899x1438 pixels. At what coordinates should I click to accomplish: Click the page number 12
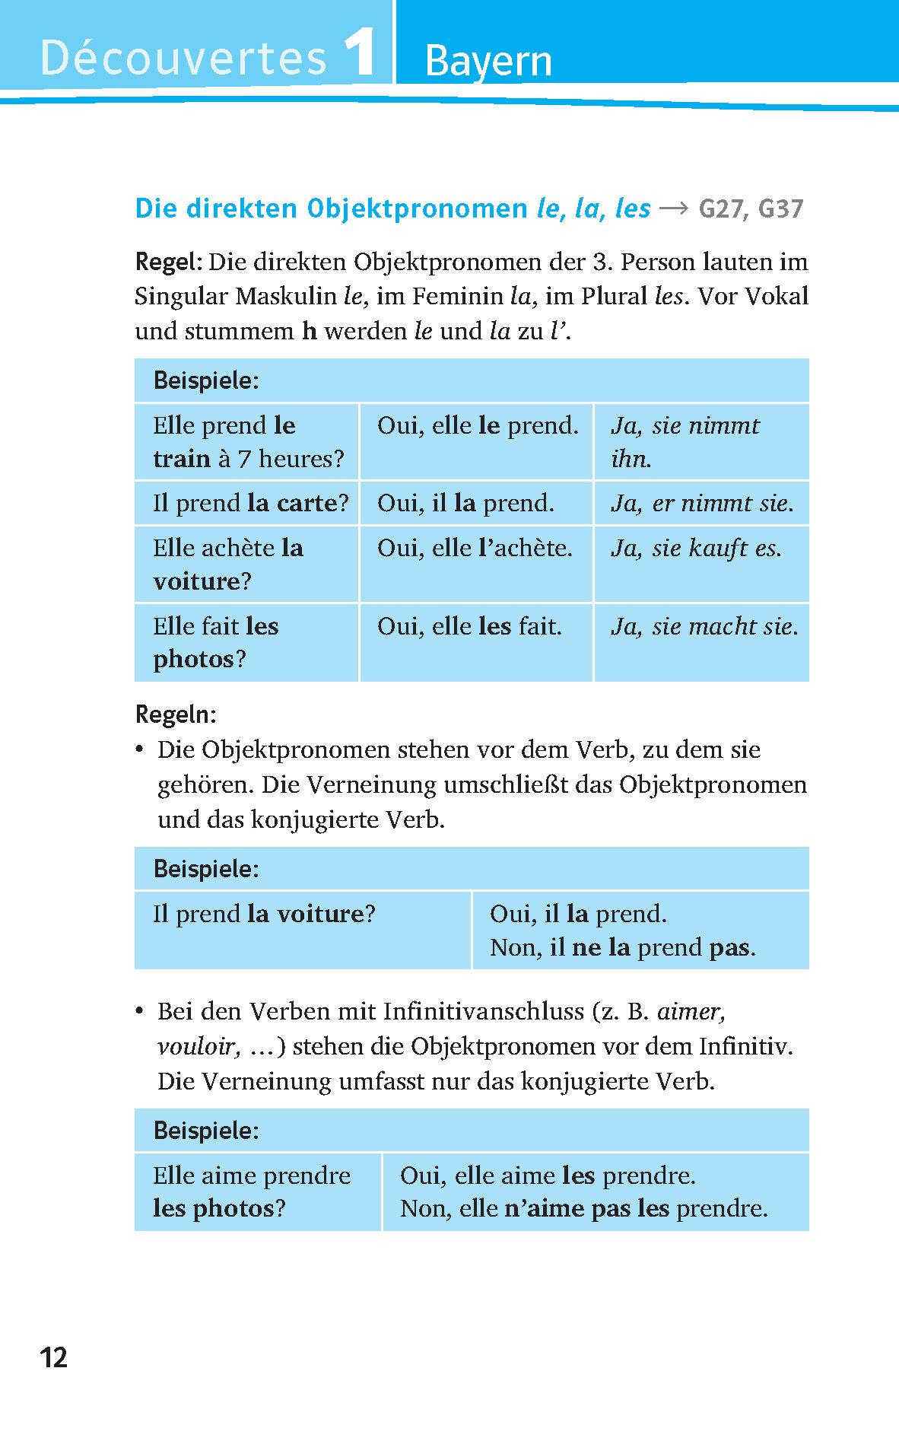[x=54, y=1357]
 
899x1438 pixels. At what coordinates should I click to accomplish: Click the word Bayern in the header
[x=488, y=61]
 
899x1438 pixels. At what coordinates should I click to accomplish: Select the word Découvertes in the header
[x=183, y=59]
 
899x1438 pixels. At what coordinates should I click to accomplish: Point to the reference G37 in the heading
[x=780, y=209]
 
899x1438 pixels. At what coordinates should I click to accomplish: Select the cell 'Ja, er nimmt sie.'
[x=702, y=503]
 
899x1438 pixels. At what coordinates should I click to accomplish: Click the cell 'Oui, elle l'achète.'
[x=475, y=548]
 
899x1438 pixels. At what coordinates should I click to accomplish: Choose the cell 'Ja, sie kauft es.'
[x=696, y=548]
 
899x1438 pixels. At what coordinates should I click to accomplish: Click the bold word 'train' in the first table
[x=182, y=459]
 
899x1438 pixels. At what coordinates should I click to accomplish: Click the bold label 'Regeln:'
[x=176, y=714]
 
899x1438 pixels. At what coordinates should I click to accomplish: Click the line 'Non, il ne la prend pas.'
[x=623, y=947]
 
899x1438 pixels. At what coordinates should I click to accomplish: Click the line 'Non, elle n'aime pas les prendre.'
[x=584, y=1208]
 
